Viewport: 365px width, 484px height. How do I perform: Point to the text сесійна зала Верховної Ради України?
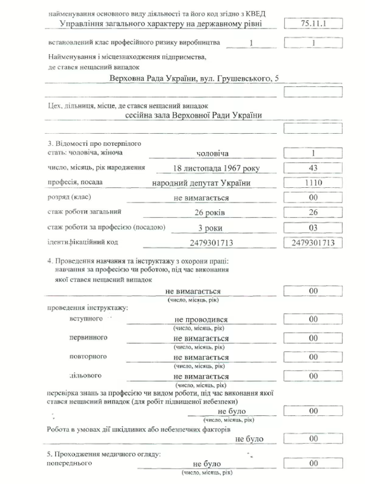[193, 116]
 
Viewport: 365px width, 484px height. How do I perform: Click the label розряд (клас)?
[68, 198]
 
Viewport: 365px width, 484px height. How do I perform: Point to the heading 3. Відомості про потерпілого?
[94, 142]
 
